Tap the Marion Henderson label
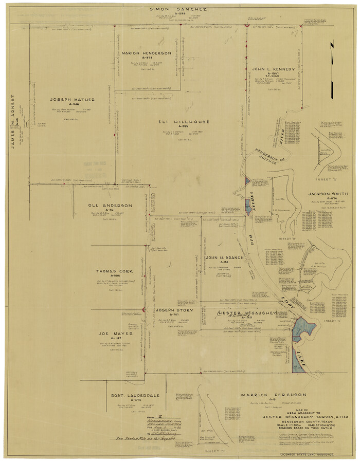147,53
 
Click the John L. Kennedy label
273,69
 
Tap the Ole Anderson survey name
110,206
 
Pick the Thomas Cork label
114,271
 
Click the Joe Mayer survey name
112,333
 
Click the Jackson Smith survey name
328,194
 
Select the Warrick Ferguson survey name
273,395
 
